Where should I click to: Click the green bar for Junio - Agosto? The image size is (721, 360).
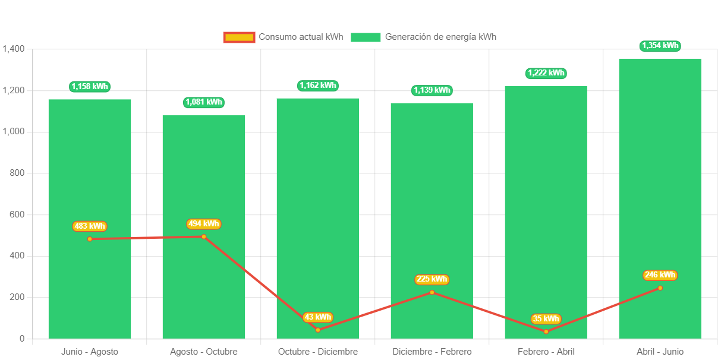[89, 178]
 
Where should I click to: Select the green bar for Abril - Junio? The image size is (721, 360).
[660, 178]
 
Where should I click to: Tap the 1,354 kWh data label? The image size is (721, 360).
[660, 46]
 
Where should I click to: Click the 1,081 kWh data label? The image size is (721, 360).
[204, 102]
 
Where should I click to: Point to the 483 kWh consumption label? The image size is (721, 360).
[89, 226]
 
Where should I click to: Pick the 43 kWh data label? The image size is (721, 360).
[317, 317]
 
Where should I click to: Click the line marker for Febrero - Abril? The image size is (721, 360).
[546, 331]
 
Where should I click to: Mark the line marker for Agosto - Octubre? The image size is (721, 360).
[204, 236]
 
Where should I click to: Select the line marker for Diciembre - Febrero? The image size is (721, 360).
[432, 292]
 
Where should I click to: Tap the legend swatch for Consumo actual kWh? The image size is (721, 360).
[239, 37]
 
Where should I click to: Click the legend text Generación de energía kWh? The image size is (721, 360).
[440, 37]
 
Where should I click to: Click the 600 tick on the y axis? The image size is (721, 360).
[18, 214]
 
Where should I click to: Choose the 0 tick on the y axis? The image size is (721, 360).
[22, 339]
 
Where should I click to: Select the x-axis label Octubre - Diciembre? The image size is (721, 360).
[317, 352]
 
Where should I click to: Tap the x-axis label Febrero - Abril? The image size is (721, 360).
[546, 352]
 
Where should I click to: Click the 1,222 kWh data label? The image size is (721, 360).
[546, 73]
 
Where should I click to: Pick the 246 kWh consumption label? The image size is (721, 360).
[660, 275]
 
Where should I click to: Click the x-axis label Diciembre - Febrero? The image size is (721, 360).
[432, 352]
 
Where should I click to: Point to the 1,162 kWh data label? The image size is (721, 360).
[317, 86]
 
